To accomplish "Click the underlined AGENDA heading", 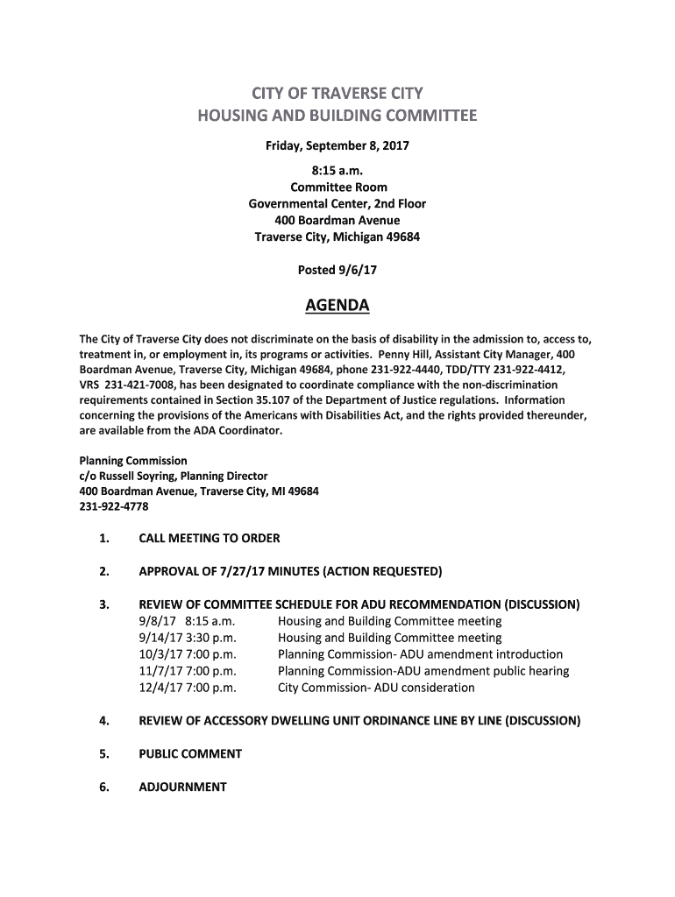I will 337,306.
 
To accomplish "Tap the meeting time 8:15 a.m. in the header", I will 337,171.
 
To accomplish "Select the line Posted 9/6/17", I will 337,270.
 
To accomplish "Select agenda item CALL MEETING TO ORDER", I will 210,538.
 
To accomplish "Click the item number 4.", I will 103,721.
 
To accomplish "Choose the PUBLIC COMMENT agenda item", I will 190,753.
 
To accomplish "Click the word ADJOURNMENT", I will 182,787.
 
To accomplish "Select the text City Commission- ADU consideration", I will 376,688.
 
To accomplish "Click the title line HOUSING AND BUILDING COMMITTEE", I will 337,116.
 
